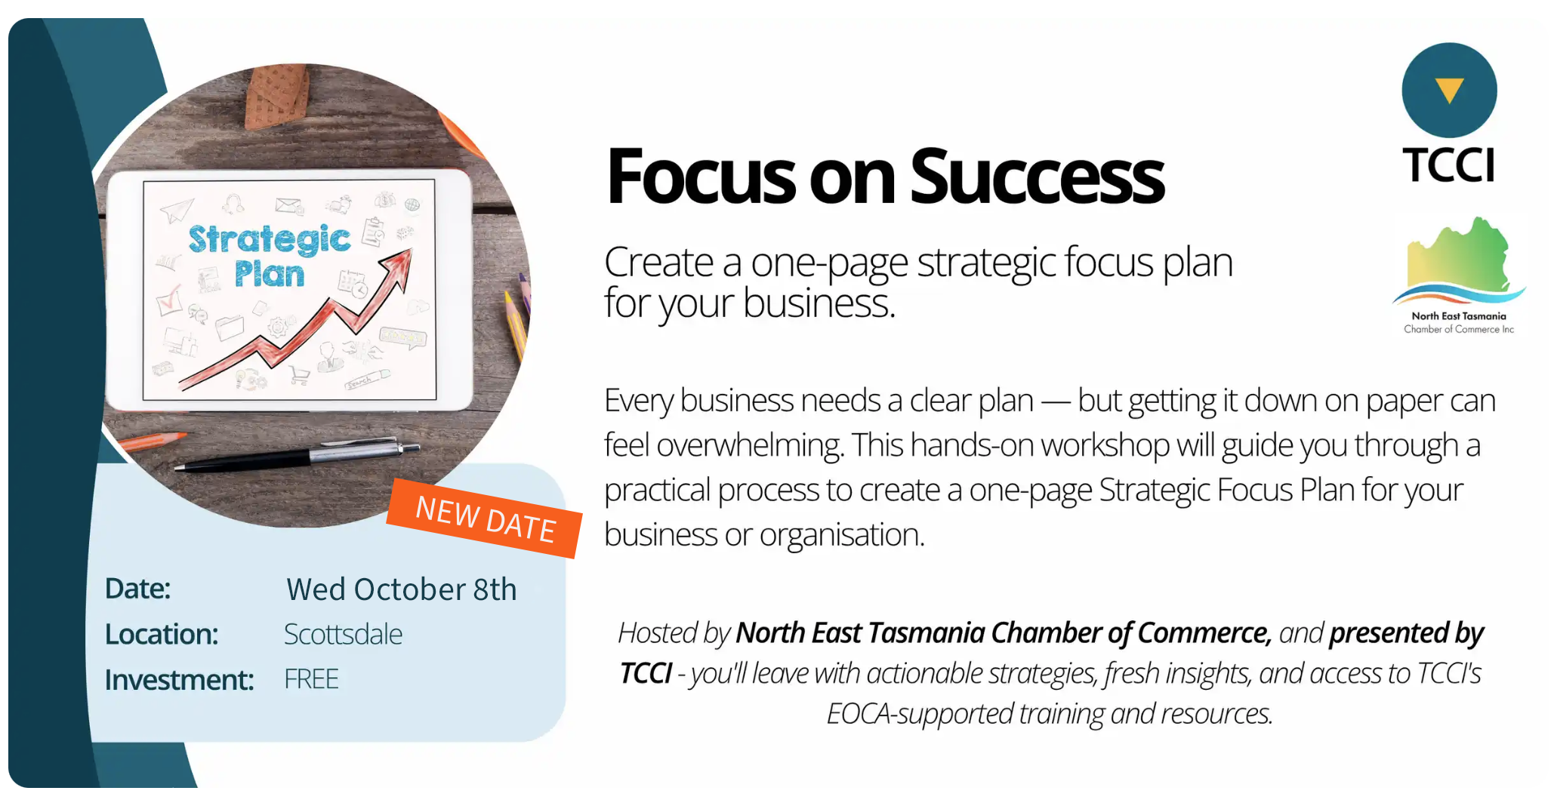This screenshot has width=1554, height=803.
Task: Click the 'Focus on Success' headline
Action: (x=885, y=177)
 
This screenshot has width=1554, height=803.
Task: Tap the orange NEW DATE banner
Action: (x=485, y=518)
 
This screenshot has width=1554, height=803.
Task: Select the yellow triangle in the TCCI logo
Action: (x=1449, y=90)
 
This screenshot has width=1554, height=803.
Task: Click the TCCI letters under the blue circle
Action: (x=1448, y=165)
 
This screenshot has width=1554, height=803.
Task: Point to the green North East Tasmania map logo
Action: (x=1459, y=260)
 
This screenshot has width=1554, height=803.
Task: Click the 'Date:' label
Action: (x=137, y=589)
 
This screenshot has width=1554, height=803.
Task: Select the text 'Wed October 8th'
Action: (x=402, y=589)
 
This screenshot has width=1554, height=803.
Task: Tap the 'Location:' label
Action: (x=162, y=635)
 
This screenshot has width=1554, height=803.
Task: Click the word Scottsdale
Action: (x=343, y=635)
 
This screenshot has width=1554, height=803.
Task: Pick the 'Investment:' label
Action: (x=179, y=680)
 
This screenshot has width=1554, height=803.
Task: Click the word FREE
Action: (x=311, y=679)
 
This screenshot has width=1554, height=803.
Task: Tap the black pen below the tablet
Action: (x=297, y=455)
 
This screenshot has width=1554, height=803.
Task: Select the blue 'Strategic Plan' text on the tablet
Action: (x=269, y=256)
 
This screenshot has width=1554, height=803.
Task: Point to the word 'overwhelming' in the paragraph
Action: (x=749, y=445)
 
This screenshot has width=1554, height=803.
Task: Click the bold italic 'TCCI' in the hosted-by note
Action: (x=646, y=673)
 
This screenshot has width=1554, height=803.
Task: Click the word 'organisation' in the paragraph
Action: (x=842, y=535)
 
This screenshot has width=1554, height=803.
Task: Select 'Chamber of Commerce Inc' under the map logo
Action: (x=1459, y=329)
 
